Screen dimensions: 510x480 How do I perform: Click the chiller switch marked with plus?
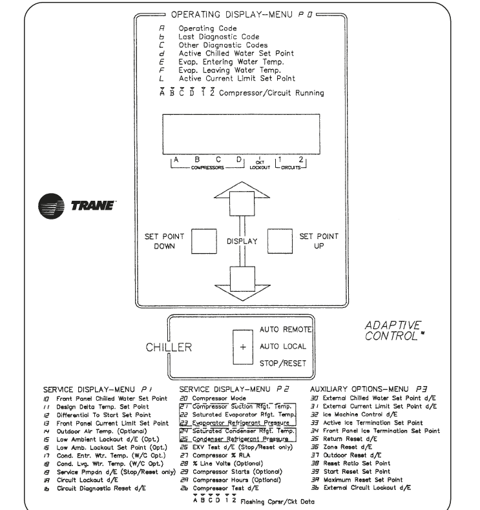pyautogui.click(x=243, y=346)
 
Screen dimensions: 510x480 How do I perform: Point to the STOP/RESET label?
pyautogui.click(x=283, y=363)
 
